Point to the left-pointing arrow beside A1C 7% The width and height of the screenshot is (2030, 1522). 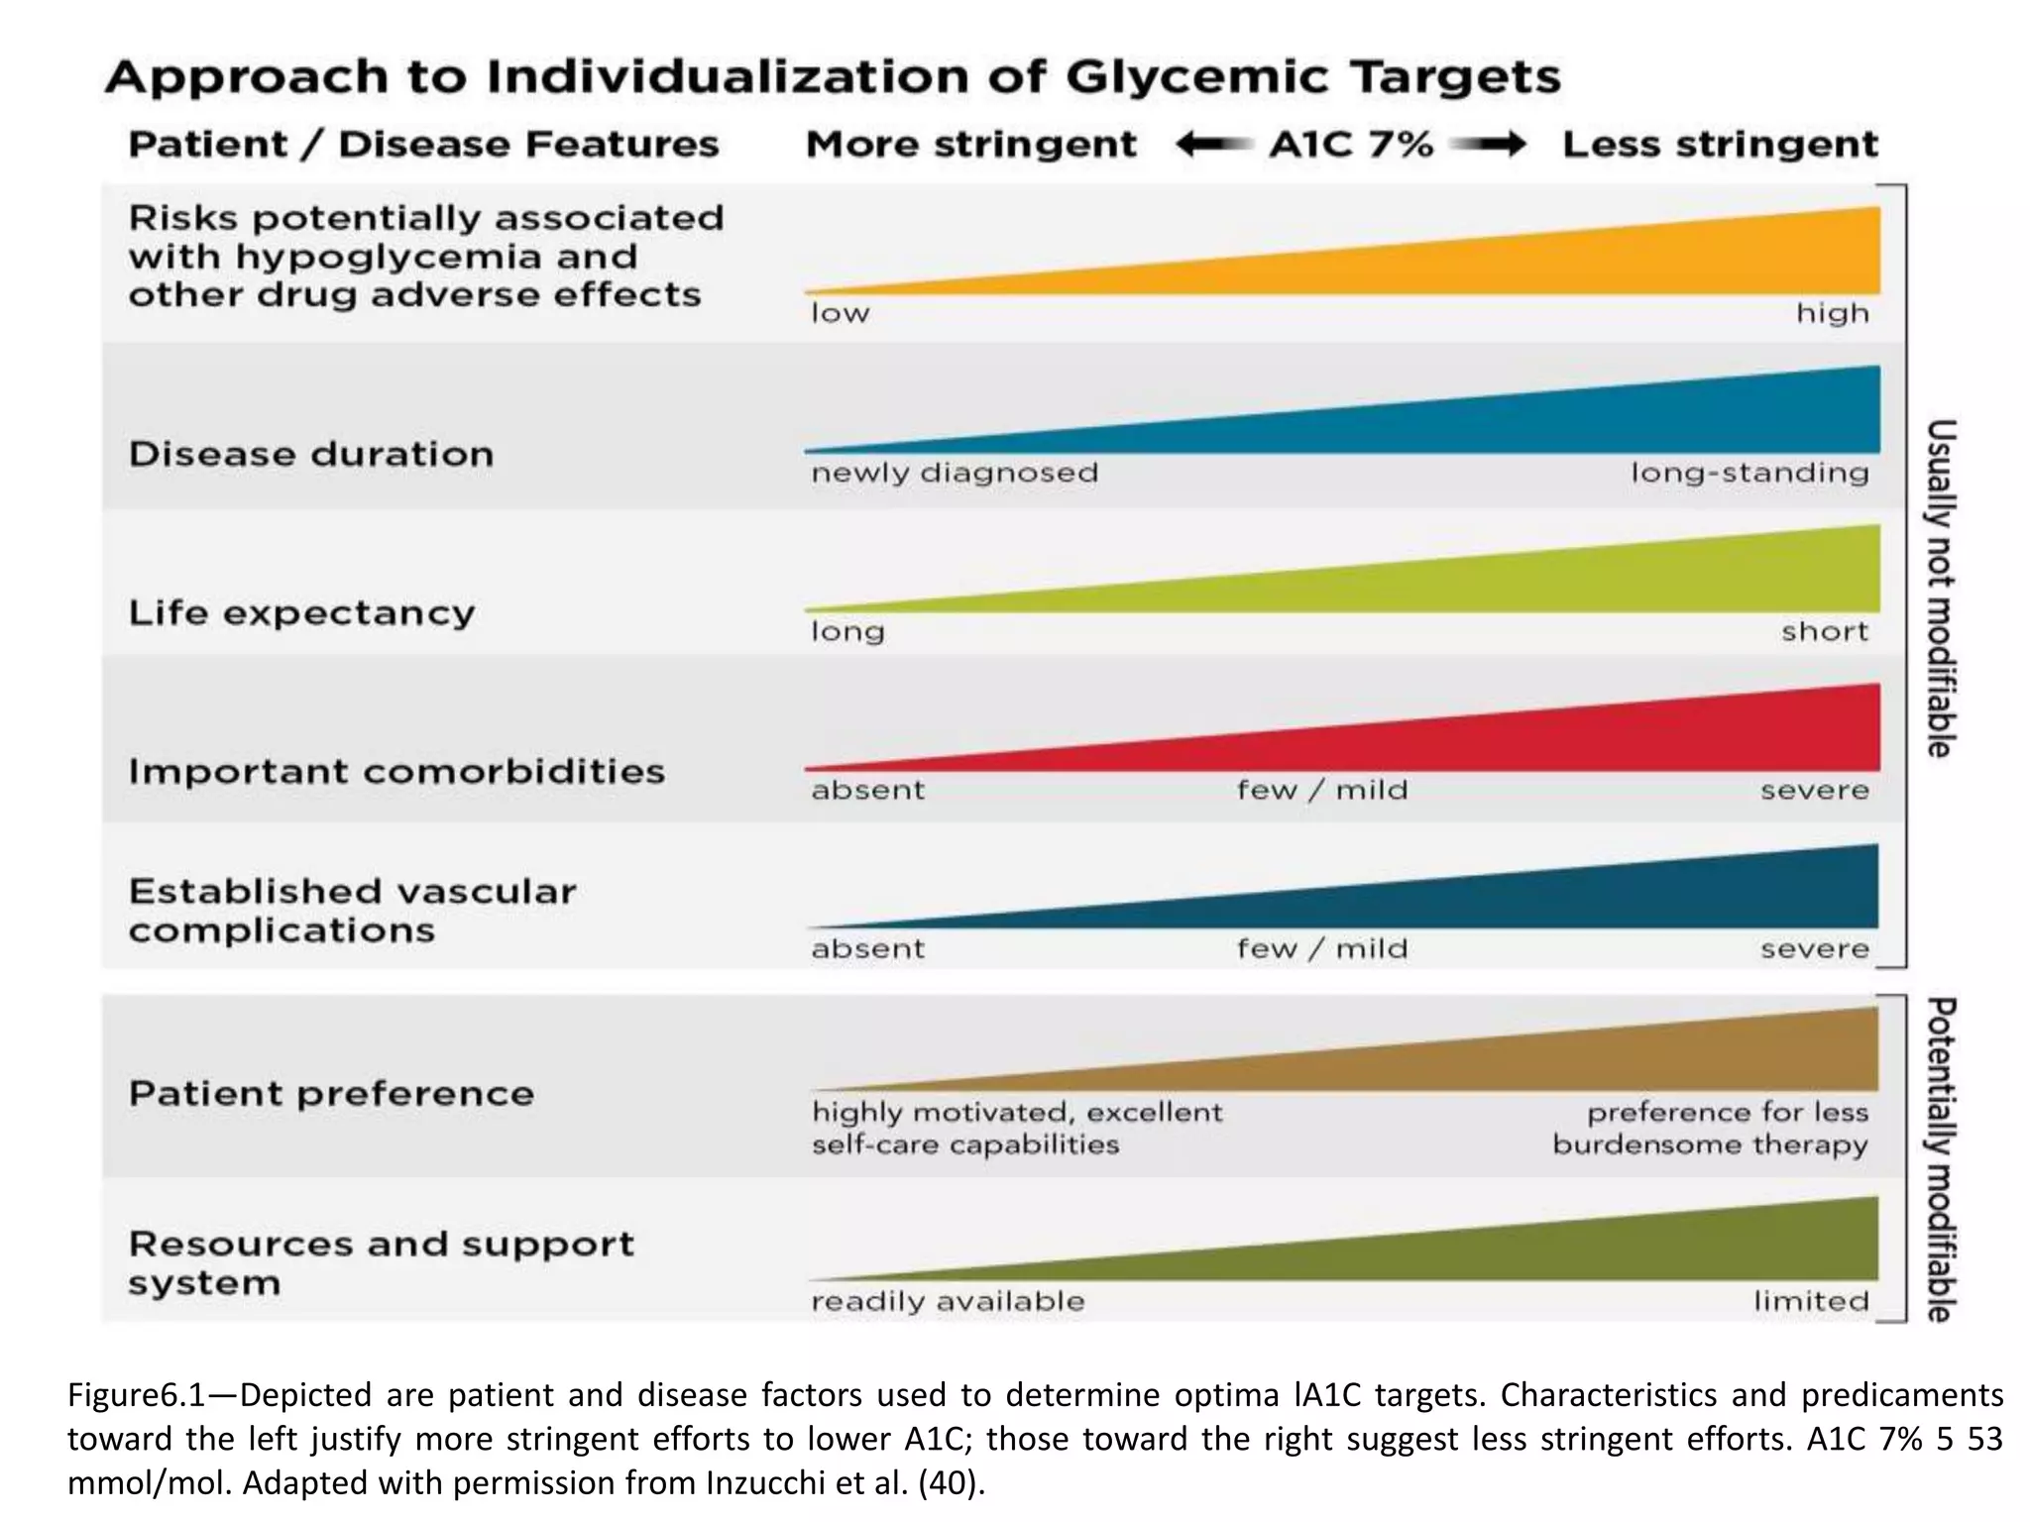coord(1212,145)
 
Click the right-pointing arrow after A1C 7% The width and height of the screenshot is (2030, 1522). coord(1488,145)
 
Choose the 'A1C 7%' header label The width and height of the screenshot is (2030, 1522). coord(1351,145)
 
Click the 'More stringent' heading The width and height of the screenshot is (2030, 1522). coord(971,146)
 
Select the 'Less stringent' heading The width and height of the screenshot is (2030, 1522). coord(1720,146)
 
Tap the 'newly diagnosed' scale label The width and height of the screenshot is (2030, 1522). coord(955,473)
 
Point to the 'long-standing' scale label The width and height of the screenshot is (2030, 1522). coord(1749,473)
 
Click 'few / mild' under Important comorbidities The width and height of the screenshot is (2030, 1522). coord(1321,790)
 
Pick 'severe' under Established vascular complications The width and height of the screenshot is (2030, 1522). coord(1815,949)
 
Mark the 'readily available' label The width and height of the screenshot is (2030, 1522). coord(948,1301)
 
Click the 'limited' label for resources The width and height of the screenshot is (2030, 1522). coord(1811,1300)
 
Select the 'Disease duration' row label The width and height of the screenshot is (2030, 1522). coord(311,454)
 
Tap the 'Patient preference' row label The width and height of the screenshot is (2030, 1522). coord(331,1094)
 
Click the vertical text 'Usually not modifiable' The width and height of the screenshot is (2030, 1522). coord(1940,588)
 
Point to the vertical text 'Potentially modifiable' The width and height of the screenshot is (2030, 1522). coord(1940,1158)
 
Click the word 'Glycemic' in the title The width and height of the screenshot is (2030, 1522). coord(1195,77)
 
